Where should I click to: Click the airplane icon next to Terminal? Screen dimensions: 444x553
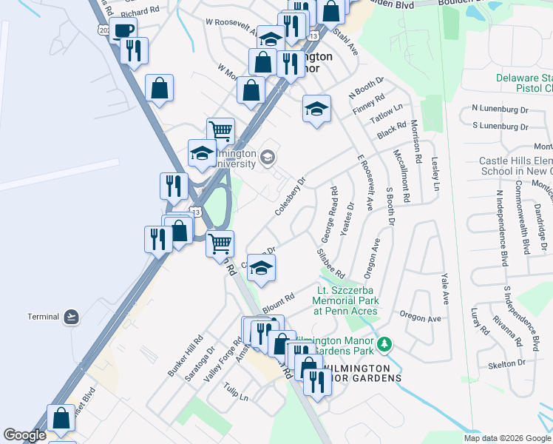(x=71, y=317)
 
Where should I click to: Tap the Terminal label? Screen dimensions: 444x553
(x=43, y=317)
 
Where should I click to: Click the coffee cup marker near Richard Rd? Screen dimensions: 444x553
(x=123, y=30)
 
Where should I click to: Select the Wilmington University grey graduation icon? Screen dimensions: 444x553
(x=267, y=157)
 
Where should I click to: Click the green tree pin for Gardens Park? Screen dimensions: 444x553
(x=384, y=344)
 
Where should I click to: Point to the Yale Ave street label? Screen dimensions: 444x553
(x=445, y=288)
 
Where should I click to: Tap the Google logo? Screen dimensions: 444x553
(x=24, y=434)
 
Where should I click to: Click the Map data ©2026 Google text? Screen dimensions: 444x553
(x=507, y=438)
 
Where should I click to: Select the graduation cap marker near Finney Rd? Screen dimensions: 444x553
(x=316, y=110)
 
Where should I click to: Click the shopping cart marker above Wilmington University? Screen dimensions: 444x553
(x=220, y=131)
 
